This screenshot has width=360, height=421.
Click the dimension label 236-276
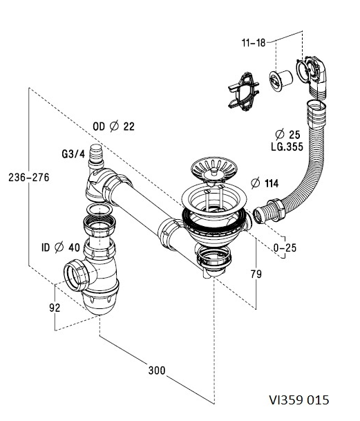tap(29, 178)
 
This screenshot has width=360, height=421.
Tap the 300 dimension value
tap(157, 371)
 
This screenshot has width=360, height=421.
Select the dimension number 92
tap(55, 308)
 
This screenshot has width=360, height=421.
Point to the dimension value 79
tap(256, 274)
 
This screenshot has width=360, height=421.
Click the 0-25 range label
tap(285, 247)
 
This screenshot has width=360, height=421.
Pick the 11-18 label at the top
tap(254, 43)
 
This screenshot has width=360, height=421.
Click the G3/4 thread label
tap(73, 154)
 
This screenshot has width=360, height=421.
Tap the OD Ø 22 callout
tap(113, 127)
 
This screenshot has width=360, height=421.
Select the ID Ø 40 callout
tap(61, 247)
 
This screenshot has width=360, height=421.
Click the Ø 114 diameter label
tap(265, 183)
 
